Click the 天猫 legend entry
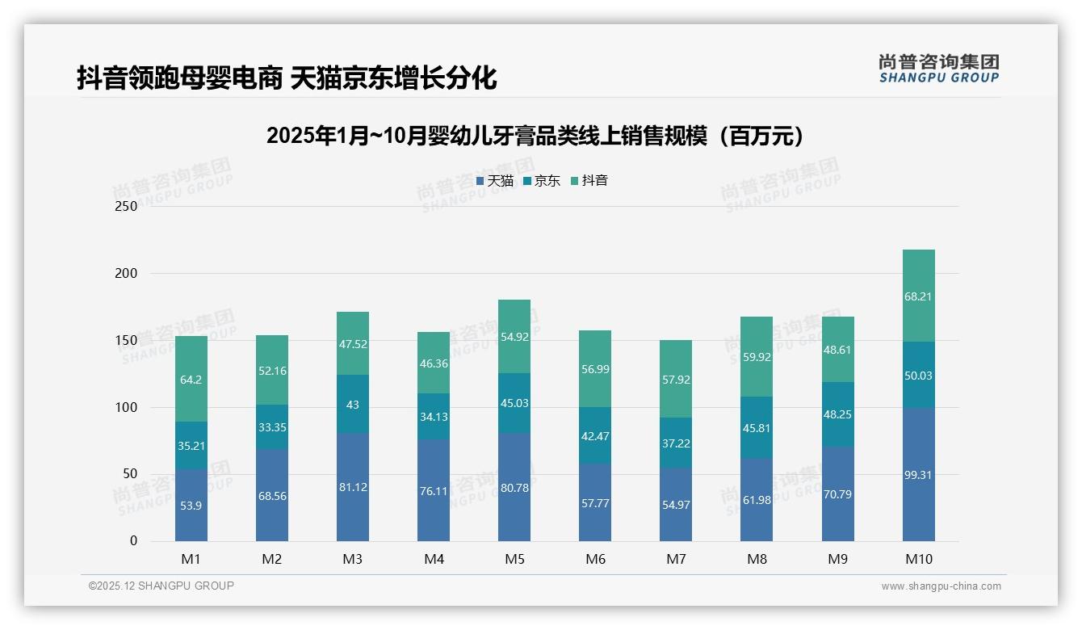[494, 181]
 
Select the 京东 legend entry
[541, 181]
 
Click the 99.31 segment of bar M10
[918, 475]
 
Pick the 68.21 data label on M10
[918, 296]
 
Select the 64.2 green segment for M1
[191, 379]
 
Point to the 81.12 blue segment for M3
[353, 487]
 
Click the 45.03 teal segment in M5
[514, 403]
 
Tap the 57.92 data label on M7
[676, 379]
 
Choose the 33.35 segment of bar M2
[272, 427]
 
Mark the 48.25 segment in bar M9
[837, 414]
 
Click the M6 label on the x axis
[595, 559]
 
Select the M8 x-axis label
[757, 559]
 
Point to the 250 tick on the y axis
[126, 207]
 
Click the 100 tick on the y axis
[126, 408]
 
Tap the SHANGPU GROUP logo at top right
[938, 69]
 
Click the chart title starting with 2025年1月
[535, 136]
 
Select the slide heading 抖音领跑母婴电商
[287, 78]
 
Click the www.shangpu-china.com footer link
[941, 586]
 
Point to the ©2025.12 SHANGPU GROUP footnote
[161, 586]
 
